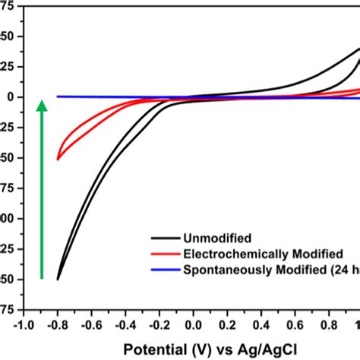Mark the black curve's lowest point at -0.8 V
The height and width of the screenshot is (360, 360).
click(58, 279)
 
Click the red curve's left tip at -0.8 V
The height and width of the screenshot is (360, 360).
click(58, 159)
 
